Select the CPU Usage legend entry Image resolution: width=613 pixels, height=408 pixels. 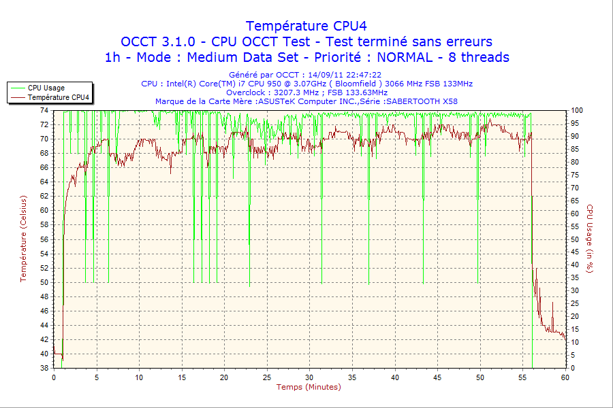46,88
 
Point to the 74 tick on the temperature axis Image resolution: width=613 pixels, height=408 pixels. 44,110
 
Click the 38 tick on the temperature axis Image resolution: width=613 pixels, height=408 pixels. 44,368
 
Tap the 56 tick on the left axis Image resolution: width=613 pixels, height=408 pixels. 44,239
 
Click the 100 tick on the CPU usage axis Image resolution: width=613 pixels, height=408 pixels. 576,110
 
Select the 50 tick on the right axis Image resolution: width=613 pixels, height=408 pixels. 575,239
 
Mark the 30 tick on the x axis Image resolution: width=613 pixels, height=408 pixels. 310,377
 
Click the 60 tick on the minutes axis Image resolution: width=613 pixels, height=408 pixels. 565,377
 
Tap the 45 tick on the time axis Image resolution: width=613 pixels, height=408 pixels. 437,377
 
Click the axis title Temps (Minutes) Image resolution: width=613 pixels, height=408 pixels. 309,387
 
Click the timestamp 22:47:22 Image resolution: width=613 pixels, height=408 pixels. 364,75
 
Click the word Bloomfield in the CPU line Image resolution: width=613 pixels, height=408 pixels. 355,84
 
